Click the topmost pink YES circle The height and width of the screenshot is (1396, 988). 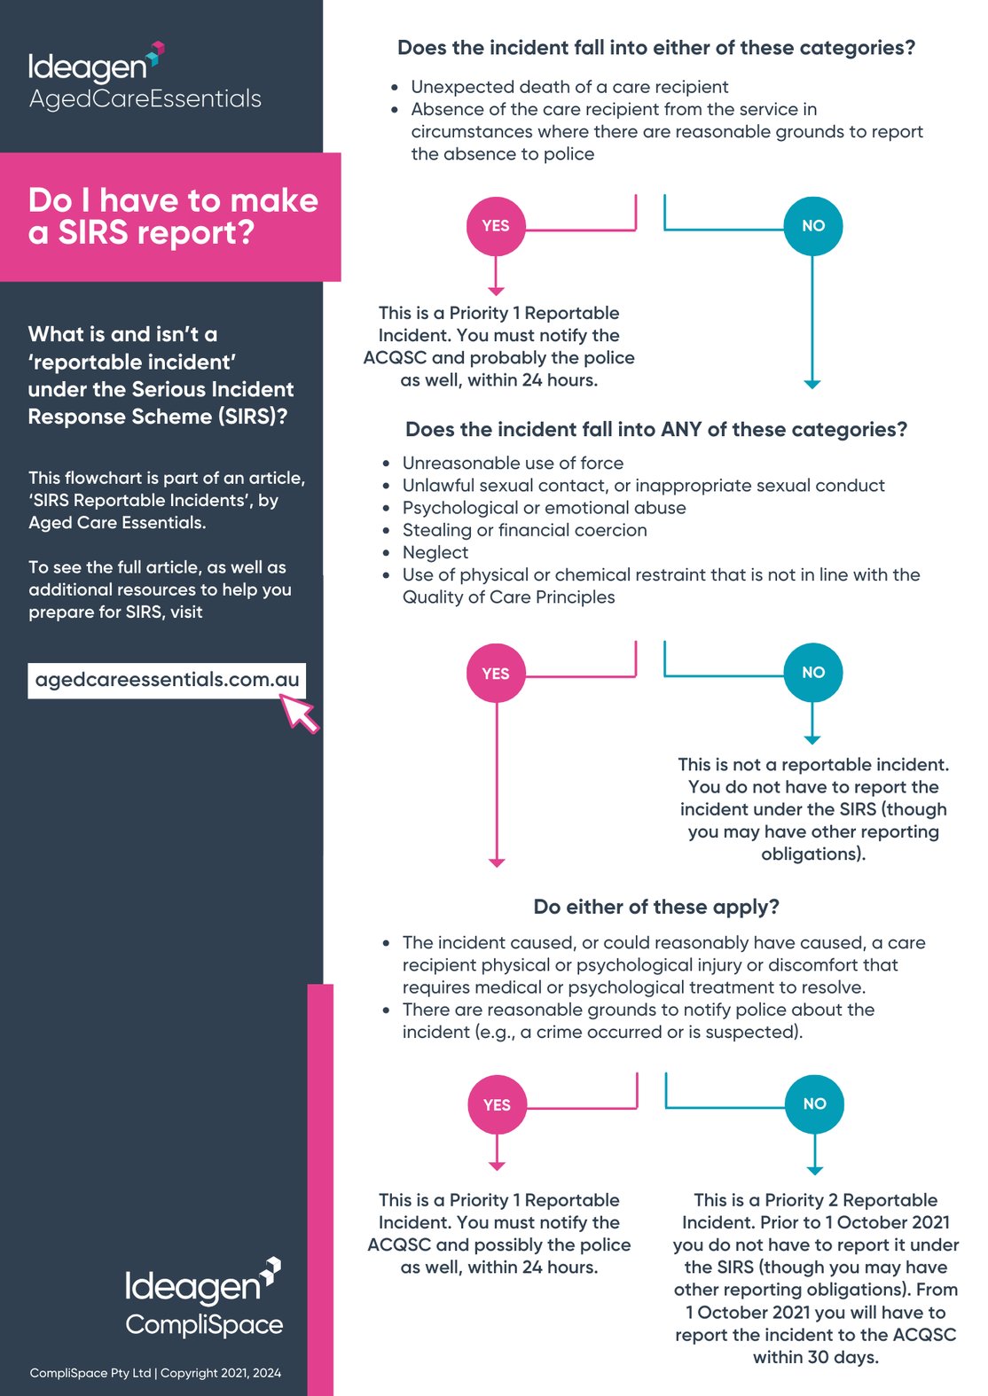(496, 226)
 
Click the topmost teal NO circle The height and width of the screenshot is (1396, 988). (812, 226)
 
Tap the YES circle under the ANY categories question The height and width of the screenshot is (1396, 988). (496, 674)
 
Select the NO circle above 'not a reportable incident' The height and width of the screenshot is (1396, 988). (812, 673)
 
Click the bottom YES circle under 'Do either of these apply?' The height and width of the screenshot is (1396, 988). (497, 1104)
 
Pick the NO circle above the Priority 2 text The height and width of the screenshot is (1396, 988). (814, 1104)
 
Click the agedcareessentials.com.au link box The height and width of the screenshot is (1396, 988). (167, 680)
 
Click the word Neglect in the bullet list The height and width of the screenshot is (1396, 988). (435, 552)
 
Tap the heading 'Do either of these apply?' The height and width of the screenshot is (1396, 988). (656, 907)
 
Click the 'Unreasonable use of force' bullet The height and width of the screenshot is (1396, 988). (513, 463)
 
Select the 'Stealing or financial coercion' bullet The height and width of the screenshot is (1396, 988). (524, 530)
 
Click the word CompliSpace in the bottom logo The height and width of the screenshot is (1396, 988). (204, 1325)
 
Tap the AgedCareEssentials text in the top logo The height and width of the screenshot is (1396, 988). (145, 98)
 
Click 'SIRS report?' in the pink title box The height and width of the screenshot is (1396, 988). (157, 233)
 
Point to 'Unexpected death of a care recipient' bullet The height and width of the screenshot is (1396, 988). (569, 87)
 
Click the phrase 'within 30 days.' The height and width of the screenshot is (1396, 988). (816, 1357)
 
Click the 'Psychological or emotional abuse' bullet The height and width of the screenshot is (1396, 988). (544, 508)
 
